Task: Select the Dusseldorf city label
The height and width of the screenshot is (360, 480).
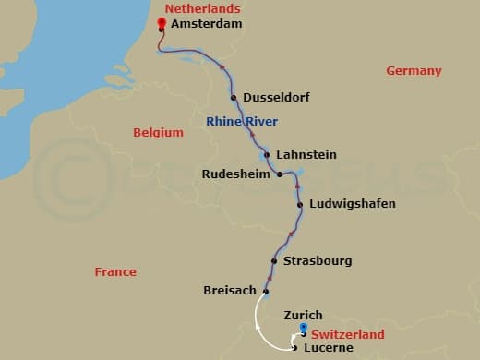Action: point(276,98)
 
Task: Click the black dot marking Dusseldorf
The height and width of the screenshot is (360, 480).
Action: point(234,98)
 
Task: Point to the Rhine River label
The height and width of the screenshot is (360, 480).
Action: point(242,121)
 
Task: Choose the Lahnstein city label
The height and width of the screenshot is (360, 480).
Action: point(306,154)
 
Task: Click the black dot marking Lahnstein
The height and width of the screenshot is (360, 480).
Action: point(266,154)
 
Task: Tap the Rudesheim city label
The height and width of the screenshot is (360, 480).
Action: point(237,173)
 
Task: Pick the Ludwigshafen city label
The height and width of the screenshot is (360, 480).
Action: point(353,203)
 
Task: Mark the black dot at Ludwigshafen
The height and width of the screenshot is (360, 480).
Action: point(300,203)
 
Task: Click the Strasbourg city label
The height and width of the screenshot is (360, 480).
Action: point(318,261)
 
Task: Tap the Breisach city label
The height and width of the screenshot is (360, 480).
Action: point(229,291)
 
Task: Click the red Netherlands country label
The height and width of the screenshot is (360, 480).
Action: point(197,8)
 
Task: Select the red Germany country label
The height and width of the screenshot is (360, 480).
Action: point(414,71)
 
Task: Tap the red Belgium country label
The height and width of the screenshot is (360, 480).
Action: point(158,132)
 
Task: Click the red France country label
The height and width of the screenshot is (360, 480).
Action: point(115,271)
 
